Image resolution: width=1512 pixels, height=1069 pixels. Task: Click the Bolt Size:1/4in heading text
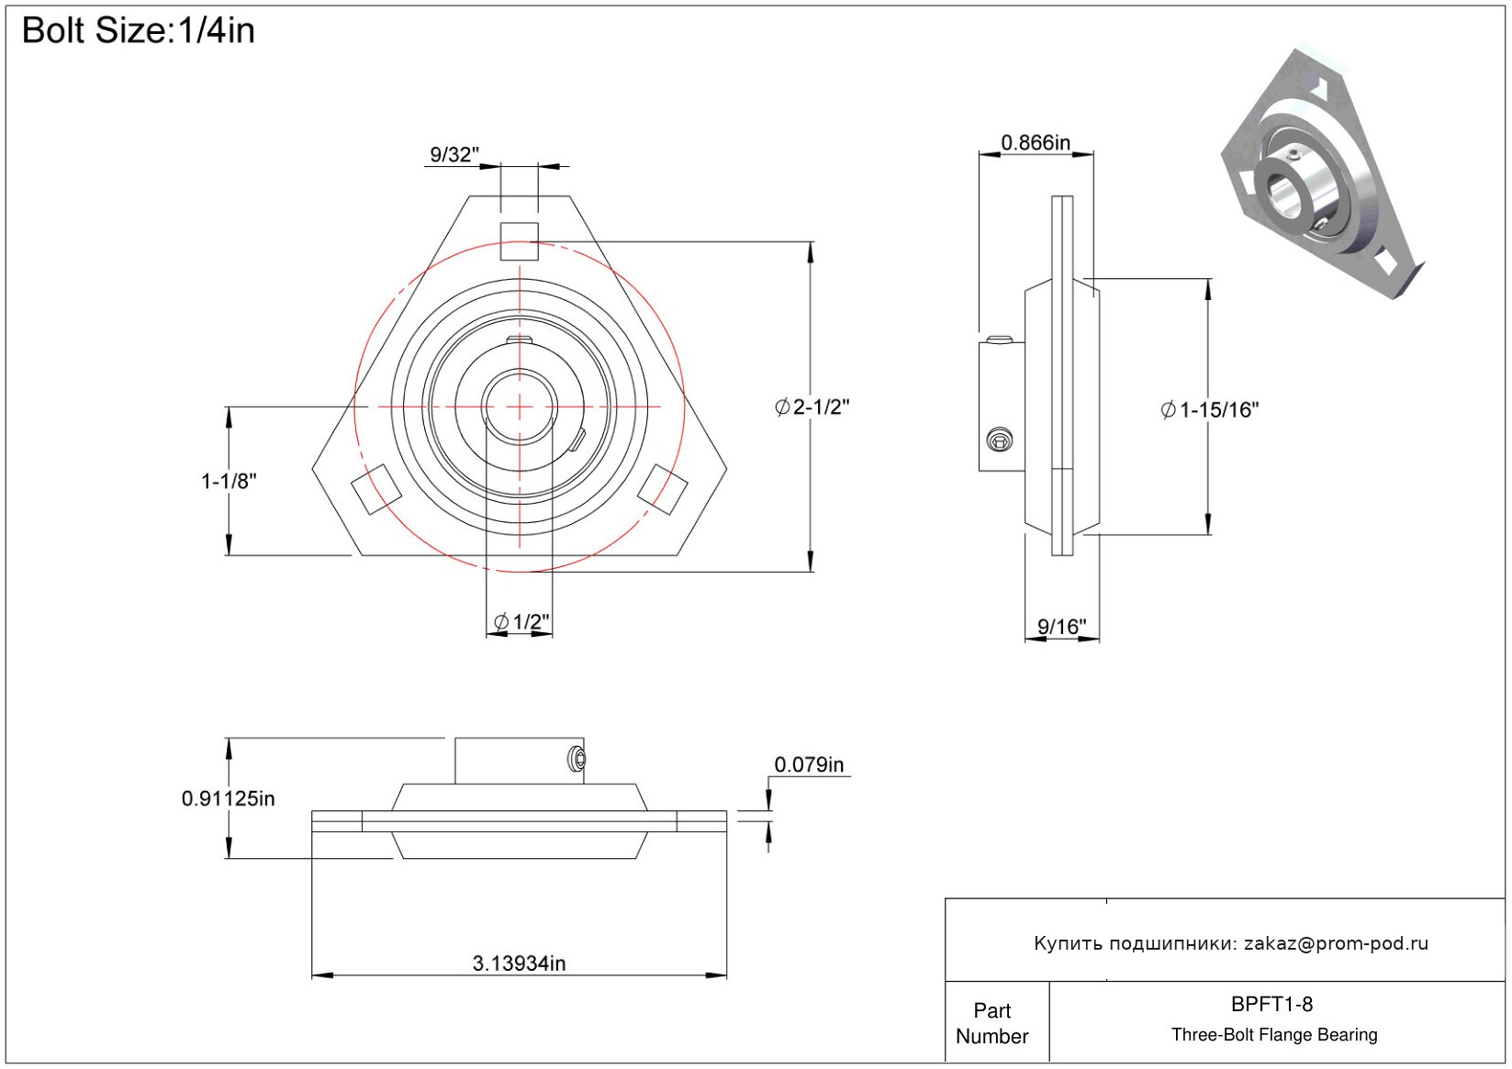[x=138, y=30]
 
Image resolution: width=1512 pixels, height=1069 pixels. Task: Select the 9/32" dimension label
[x=454, y=155]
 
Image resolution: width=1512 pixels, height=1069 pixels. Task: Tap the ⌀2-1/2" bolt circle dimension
[x=812, y=407]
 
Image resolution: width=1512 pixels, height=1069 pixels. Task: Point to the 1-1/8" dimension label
[x=229, y=481]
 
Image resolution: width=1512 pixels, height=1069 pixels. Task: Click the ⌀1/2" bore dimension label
[x=521, y=622]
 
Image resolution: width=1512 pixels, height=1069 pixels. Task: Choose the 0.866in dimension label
[x=1035, y=142]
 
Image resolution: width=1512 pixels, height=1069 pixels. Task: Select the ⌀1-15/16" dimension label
[x=1210, y=410]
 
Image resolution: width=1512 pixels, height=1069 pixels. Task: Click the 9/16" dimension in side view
[x=1061, y=627]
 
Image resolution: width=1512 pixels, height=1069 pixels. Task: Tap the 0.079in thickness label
[x=809, y=764]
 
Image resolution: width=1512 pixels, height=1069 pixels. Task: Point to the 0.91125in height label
[x=229, y=798]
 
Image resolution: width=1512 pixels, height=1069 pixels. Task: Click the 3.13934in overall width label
[x=519, y=963]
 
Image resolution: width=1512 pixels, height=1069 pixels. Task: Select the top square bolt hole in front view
[x=520, y=240]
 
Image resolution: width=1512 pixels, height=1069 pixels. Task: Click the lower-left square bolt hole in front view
[x=375, y=488]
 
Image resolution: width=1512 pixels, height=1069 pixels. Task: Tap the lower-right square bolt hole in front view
[x=663, y=488]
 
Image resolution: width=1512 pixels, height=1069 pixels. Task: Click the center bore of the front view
[x=520, y=406]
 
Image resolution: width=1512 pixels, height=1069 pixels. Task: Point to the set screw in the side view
[x=1000, y=440]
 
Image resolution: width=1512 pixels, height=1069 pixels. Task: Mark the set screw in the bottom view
[x=577, y=760]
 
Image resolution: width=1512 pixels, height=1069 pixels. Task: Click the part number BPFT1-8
[x=1271, y=1004]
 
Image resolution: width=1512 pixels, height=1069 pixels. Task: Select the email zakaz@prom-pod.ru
[x=1336, y=943]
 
